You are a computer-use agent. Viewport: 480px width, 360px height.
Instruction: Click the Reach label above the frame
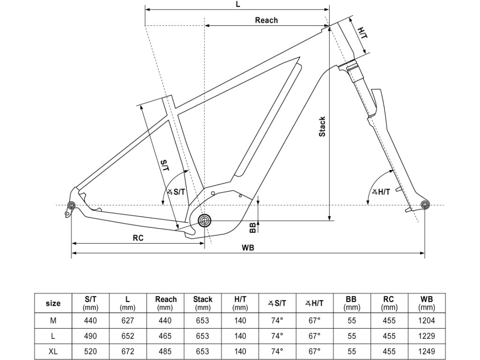266,20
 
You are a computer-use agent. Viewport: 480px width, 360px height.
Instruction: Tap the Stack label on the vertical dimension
322,127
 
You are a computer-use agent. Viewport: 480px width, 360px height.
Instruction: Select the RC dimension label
138,238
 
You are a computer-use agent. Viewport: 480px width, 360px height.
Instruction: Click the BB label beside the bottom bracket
253,227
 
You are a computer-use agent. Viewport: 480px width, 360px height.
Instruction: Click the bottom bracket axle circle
204,220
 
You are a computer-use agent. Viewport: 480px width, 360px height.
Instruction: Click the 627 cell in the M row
127,321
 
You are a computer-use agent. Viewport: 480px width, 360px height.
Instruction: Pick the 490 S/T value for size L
90,336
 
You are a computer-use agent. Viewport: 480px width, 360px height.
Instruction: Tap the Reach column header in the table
166,303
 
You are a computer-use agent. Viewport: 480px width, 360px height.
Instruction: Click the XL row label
53,351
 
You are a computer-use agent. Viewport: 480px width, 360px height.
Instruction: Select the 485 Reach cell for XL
166,351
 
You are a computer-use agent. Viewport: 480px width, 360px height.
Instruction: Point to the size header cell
53,303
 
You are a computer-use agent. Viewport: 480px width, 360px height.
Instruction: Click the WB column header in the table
427,303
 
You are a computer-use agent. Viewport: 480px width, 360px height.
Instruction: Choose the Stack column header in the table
202,303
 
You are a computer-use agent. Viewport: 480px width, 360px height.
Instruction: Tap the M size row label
53,321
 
